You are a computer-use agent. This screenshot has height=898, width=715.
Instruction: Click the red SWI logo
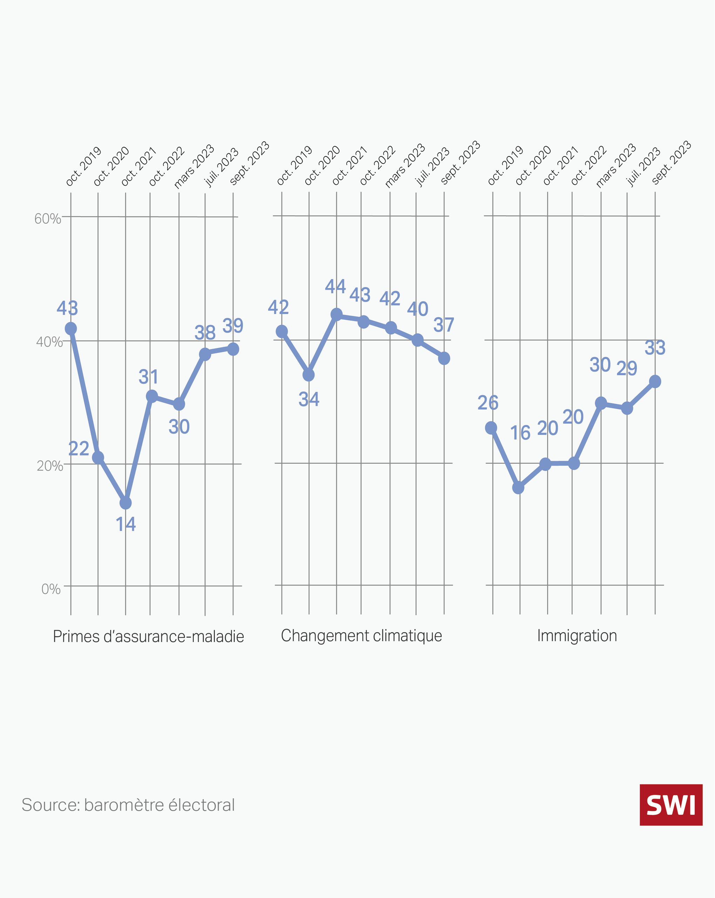pyautogui.click(x=670, y=805)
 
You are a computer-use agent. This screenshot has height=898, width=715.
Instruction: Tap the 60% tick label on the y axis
pyautogui.click(x=47, y=219)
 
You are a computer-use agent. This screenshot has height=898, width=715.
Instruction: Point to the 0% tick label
pyautogui.click(x=51, y=589)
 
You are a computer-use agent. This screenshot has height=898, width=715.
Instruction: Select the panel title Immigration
pyautogui.click(x=577, y=636)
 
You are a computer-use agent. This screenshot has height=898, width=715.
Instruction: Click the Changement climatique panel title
pyautogui.click(x=361, y=636)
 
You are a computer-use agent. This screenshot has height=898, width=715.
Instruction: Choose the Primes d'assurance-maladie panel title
pyautogui.click(x=148, y=636)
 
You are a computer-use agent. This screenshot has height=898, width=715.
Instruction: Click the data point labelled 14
pyautogui.click(x=125, y=503)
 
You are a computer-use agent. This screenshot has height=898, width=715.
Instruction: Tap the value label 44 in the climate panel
pyautogui.click(x=335, y=287)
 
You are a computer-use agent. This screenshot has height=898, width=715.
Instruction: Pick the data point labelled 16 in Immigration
pyautogui.click(x=518, y=487)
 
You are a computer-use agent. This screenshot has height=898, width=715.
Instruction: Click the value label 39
pyautogui.click(x=233, y=326)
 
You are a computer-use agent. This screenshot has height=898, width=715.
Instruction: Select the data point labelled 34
pyautogui.click(x=308, y=375)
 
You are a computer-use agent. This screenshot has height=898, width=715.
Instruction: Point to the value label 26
pyautogui.click(x=488, y=403)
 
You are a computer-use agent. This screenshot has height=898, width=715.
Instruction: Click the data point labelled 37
pyautogui.click(x=444, y=358)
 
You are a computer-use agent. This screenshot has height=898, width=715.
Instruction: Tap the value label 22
pyautogui.click(x=79, y=449)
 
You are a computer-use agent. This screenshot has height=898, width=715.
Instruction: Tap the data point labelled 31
pyautogui.click(x=152, y=396)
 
